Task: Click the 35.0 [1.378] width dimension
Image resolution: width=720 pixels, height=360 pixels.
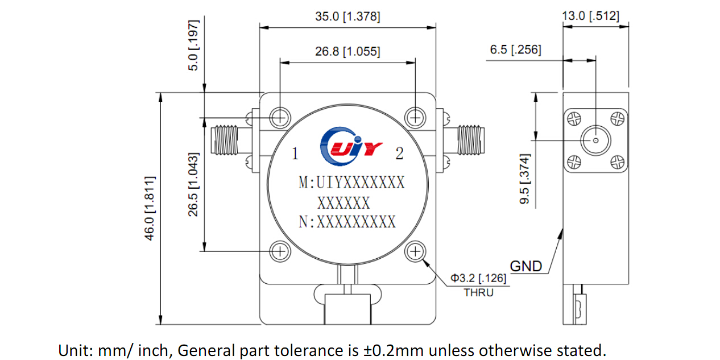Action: click(x=347, y=17)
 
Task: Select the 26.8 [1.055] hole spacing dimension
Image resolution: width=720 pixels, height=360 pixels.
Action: click(x=347, y=52)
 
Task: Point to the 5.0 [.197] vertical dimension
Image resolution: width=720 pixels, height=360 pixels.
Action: click(x=195, y=45)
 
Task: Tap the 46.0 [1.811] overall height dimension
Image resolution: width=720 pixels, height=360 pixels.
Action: click(x=150, y=208)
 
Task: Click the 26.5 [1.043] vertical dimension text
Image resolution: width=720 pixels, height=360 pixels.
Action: click(x=193, y=184)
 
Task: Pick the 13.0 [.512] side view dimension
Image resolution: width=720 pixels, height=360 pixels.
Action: click(x=590, y=16)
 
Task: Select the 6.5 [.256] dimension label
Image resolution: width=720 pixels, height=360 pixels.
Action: click(x=515, y=50)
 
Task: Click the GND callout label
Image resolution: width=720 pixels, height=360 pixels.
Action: click(x=525, y=266)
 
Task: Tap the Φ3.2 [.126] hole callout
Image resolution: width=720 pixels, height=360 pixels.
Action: click(x=478, y=278)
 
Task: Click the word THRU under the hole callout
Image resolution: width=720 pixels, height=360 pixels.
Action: click(x=478, y=293)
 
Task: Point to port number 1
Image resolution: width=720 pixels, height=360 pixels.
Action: click(x=295, y=154)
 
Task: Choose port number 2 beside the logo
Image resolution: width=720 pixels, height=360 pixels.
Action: click(x=399, y=154)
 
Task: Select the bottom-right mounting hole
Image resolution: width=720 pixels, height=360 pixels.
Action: click(x=416, y=251)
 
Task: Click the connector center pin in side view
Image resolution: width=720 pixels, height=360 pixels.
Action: click(x=595, y=140)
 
